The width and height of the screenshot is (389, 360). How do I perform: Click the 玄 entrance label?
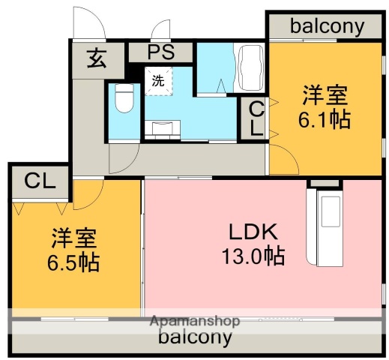click(97, 58)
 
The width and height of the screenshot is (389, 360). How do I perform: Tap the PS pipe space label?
click(161, 52)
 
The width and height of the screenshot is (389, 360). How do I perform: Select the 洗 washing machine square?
click(158, 81)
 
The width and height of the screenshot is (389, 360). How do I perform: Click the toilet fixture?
click(124, 97)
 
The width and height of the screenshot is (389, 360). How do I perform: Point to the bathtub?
click(250, 67)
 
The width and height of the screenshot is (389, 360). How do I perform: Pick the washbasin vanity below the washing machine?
click(163, 130)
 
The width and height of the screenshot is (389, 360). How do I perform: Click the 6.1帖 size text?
click(325, 119)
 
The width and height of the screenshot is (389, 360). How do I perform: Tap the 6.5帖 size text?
click(73, 262)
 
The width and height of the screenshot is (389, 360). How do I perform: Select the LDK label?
click(253, 232)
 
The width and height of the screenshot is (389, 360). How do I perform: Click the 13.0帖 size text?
click(253, 256)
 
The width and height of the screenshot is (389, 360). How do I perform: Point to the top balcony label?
click(327, 26)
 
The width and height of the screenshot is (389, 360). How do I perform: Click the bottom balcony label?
click(195, 337)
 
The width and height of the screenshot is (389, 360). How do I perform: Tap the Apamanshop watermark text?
click(195, 321)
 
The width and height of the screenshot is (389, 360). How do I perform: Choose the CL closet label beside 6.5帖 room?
click(40, 181)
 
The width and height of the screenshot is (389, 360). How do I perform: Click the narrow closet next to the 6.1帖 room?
click(255, 118)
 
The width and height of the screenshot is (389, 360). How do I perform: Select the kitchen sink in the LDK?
click(331, 211)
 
